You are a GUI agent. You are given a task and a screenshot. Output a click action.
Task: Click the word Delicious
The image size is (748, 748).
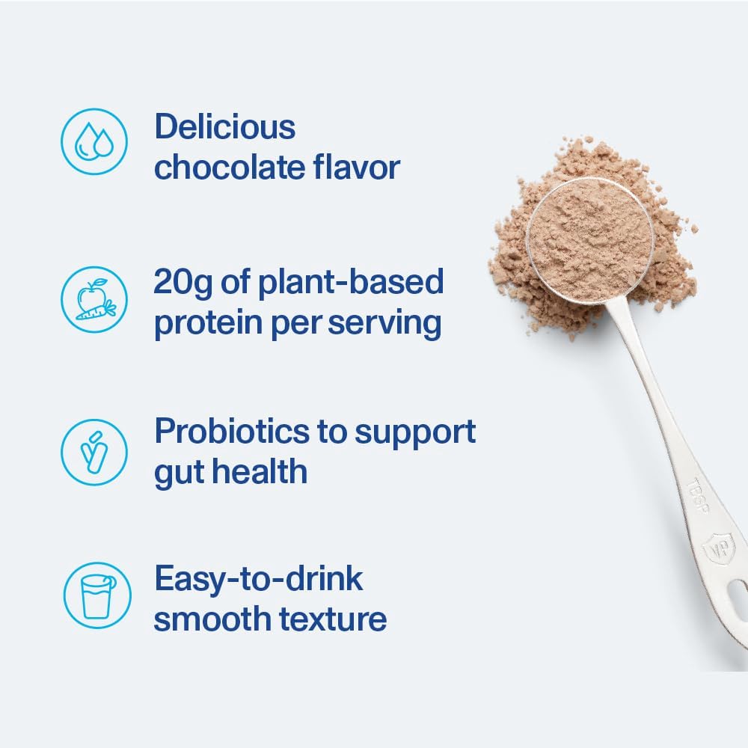point(225,127)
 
